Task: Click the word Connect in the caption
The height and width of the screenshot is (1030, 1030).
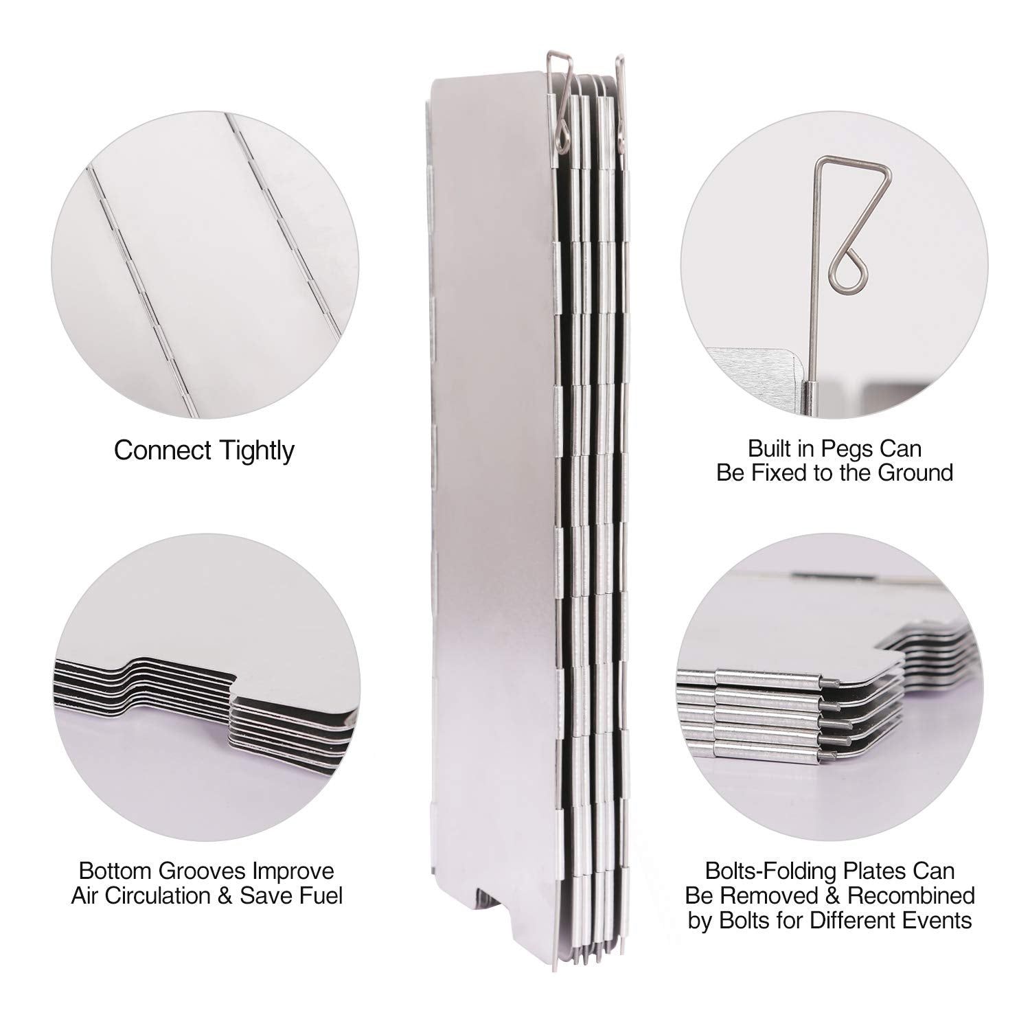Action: pyautogui.click(x=162, y=450)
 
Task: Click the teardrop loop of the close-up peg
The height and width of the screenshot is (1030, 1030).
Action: pyautogui.click(x=849, y=272)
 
